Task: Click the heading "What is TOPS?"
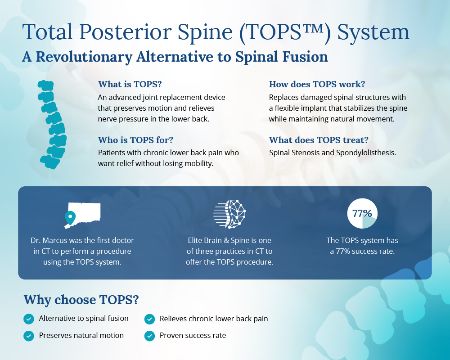[130, 84]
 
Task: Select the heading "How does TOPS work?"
[317, 84]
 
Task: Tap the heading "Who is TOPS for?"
[136, 140]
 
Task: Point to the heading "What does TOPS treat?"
[319, 140]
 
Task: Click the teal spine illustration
[53, 125]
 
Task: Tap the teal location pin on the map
[70, 218]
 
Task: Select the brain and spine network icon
[229, 214]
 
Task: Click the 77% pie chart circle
[362, 213]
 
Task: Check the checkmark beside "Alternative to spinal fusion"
[29, 319]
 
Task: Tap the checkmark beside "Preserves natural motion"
[29, 336]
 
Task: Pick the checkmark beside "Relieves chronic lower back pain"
[149, 319]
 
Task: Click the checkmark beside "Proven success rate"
[149, 336]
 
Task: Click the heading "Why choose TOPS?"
[81, 300]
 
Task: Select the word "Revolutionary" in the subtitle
[84, 57]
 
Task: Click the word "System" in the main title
[373, 32]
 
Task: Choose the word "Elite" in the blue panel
[195, 240]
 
